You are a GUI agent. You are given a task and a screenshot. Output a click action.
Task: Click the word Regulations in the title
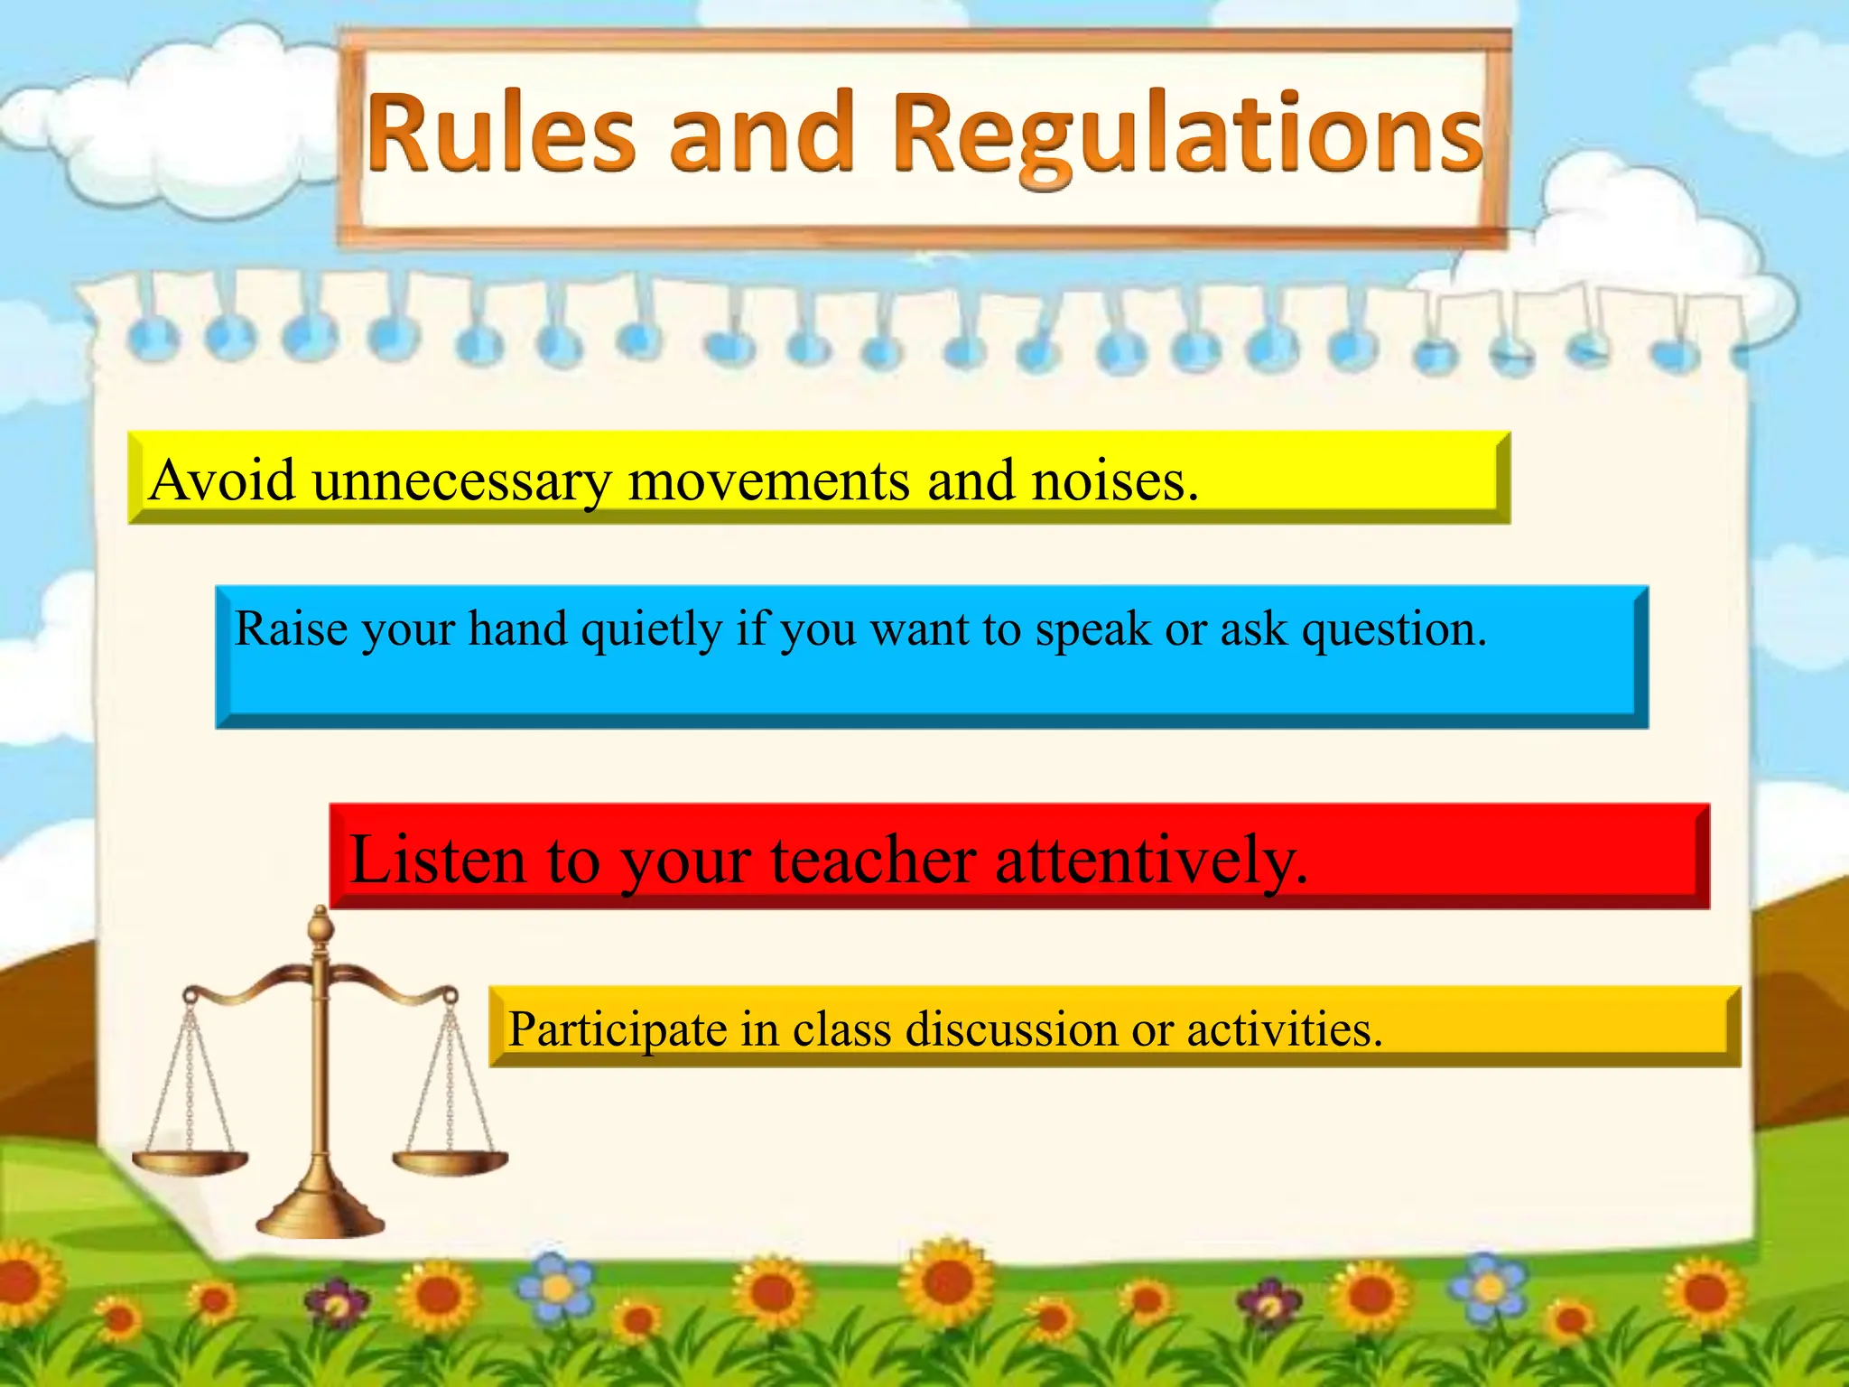[x=1187, y=135]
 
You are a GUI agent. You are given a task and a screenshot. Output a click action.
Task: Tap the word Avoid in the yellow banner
[x=222, y=479]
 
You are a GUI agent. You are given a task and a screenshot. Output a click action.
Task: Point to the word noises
[x=1114, y=479]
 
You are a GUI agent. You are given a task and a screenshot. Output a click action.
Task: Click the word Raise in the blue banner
[x=291, y=628]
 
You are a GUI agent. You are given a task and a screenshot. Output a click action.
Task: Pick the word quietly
[x=651, y=630]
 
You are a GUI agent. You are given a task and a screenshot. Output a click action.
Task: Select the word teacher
[x=873, y=859]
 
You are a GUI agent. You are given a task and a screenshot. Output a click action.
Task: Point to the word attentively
[x=1151, y=861]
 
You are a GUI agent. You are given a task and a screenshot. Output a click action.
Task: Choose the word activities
[x=1283, y=1029]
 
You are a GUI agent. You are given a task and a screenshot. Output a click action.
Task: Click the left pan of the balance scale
[x=189, y=1160]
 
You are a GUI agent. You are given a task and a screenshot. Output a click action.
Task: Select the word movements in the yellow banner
[x=768, y=481]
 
